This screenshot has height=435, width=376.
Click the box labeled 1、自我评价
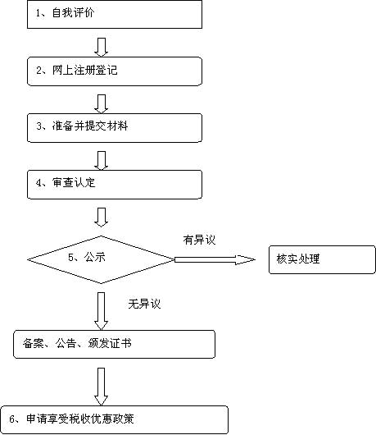click(x=115, y=14)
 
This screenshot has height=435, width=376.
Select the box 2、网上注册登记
click(x=115, y=71)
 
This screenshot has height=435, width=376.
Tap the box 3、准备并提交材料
click(x=115, y=128)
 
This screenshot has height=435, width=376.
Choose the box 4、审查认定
click(x=115, y=185)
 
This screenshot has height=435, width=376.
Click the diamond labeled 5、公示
click(x=101, y=259)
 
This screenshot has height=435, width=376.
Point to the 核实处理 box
click(x=322, y=259)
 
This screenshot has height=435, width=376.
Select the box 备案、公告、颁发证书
click(x=115, y=344)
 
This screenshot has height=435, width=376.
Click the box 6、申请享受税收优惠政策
click(x=115, y=419)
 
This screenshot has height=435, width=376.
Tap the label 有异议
click(x=199, y=240)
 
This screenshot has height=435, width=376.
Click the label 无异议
click(x=144, y=304)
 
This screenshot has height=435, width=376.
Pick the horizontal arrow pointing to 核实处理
click(x=215, y=259)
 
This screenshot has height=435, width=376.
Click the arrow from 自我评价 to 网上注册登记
click(x=101, y=47)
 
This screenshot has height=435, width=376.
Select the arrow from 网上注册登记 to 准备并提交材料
click(x=101, y=103)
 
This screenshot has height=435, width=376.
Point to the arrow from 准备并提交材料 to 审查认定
click(x=101, y=160)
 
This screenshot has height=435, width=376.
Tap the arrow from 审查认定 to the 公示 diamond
click(x=101, y=217)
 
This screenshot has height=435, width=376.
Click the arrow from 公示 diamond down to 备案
click(x=101, y=311)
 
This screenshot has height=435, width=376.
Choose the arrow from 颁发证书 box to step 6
click(x=101, y=387)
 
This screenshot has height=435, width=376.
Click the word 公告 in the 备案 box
click(x=66, y=344)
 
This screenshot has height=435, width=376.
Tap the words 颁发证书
click(x=110, y=344)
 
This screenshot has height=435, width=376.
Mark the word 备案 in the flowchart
click(x=34, y=344)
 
